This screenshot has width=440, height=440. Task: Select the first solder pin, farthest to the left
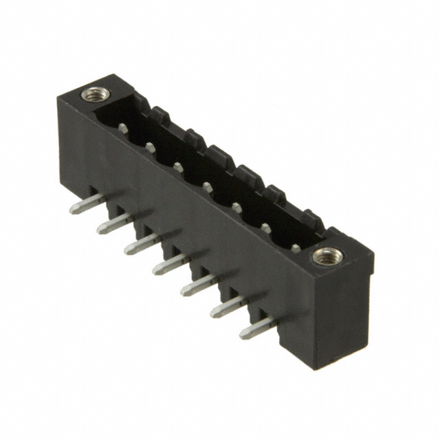(87, 204)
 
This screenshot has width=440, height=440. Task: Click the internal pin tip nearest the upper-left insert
(122, 127)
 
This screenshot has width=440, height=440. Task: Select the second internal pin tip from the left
(150, 146)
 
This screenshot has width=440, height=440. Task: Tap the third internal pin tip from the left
(178, 167)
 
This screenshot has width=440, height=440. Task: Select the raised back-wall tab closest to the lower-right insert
(313, 219)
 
